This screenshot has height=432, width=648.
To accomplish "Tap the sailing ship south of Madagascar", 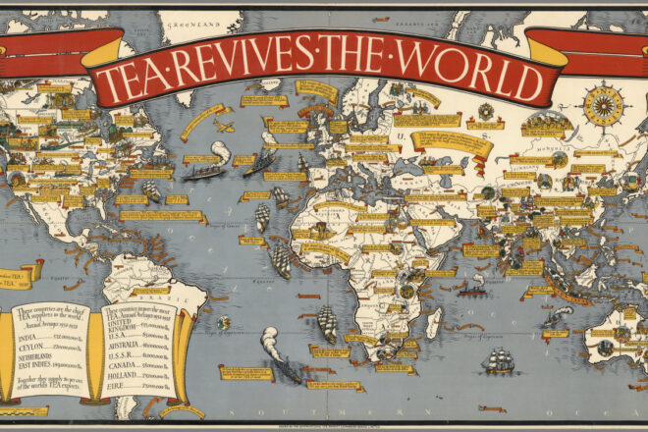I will click(497, 360).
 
